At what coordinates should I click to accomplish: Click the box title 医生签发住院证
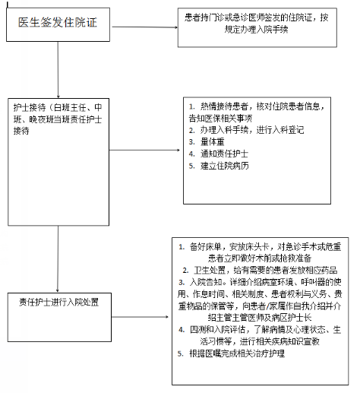[58, 22]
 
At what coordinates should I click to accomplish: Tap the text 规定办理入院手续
[256, 30]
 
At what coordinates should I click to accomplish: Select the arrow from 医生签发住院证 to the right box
[145, 27]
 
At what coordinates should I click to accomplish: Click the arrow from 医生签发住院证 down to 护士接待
[58, 70]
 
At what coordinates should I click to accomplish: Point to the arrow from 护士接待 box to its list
[144, 150]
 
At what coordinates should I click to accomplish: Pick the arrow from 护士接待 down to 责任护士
[58, 259]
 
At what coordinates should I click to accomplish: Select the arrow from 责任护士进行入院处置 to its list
[140, 317]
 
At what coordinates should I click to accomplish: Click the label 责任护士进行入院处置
[58, 302]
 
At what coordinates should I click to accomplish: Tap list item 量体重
[212, 142]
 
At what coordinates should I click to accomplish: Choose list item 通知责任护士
[224, 154]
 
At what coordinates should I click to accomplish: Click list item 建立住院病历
[225, 166]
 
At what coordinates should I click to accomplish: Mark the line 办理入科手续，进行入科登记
[252, 130]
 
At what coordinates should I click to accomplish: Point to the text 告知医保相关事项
[220, 118]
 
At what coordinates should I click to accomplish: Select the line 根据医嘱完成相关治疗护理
[237, 353]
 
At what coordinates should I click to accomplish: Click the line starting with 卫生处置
[266, 270]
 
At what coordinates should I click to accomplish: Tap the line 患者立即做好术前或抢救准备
[260, 258]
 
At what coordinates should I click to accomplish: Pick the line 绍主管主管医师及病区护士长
[260, 318]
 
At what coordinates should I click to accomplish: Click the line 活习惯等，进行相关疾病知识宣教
[260, 341]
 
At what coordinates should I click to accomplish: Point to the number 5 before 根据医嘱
[180, 353]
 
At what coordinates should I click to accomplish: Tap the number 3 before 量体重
[191, 142]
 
